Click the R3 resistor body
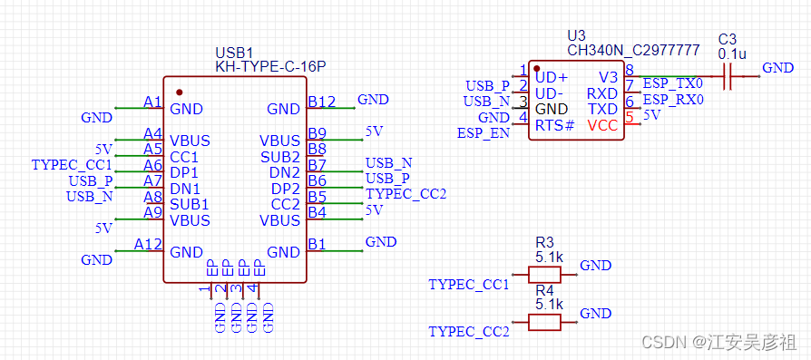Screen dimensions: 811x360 [544, 275]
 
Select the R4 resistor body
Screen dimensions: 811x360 [544, 322]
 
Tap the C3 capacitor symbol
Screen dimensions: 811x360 [728, 76]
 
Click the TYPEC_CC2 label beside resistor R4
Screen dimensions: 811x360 [469, 332]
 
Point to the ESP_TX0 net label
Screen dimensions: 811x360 [673, 83]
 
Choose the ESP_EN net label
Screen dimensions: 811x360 [484, 133]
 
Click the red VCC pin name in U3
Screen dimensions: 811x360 [602, 125]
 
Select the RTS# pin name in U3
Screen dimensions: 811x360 [555, 125]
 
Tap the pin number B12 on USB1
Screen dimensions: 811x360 [322, 102]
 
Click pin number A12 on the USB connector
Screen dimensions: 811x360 [148, 244]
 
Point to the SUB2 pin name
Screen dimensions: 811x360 [280, 157]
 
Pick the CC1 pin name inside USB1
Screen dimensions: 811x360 [185, 157]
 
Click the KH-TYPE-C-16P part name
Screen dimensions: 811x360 [270, 67]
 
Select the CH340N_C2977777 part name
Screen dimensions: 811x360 [633, 50]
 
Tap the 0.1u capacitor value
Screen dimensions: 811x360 [732, 54]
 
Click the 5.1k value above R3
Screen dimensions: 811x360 [550, 257]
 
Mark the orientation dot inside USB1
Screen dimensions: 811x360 [179, 92]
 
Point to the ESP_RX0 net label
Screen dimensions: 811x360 [673, 100]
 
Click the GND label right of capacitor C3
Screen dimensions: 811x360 [778, 68]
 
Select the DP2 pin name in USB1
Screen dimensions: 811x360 [286, 189]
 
